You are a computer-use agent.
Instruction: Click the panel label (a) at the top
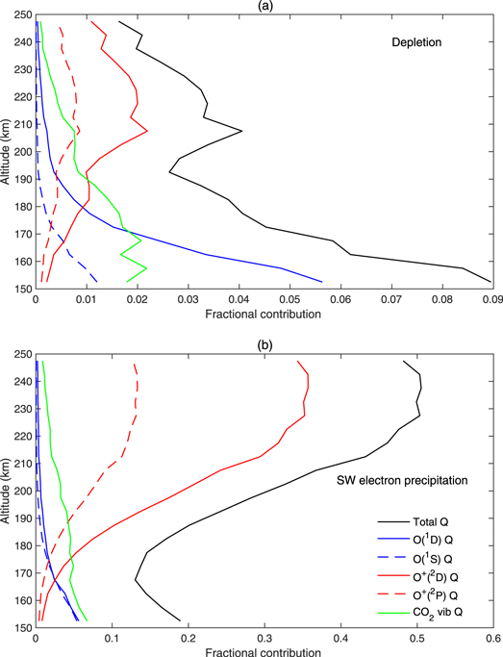coord(264,8)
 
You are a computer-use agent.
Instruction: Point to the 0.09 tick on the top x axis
coord(491,298)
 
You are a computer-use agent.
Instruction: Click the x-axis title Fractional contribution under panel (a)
coord(264,313)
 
